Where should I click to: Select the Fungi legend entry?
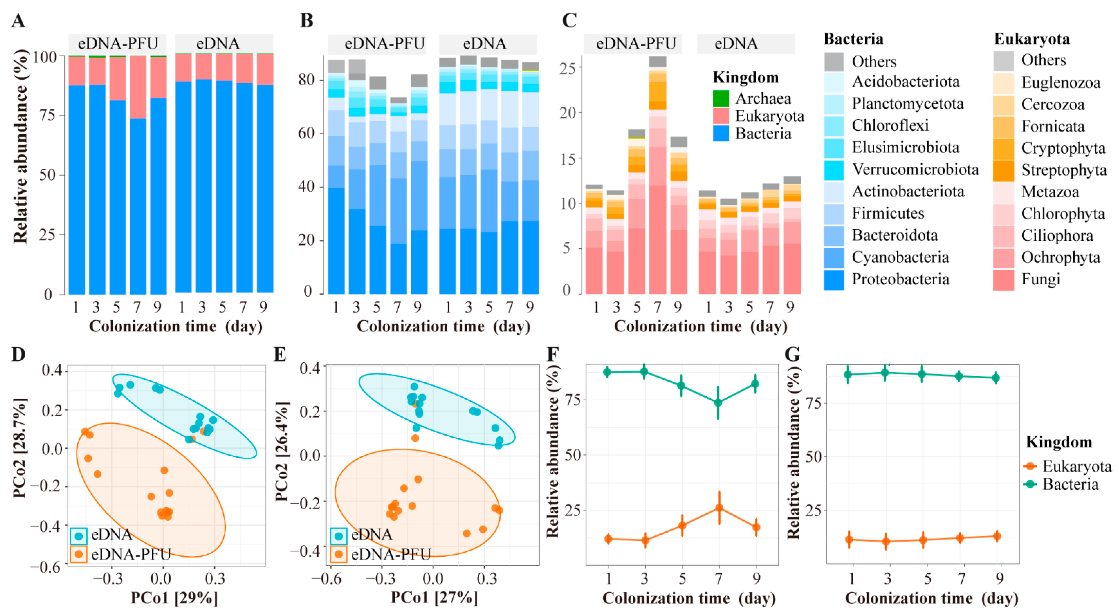[x=1040, y=279]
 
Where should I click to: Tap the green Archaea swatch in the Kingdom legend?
[x=721, y=99]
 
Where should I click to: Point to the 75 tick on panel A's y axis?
[x=51, y=116]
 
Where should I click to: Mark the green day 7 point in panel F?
[x=719, y=403]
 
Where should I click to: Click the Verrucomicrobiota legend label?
[x=915, y=170]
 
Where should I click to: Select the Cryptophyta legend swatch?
[x=1003, y=148]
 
